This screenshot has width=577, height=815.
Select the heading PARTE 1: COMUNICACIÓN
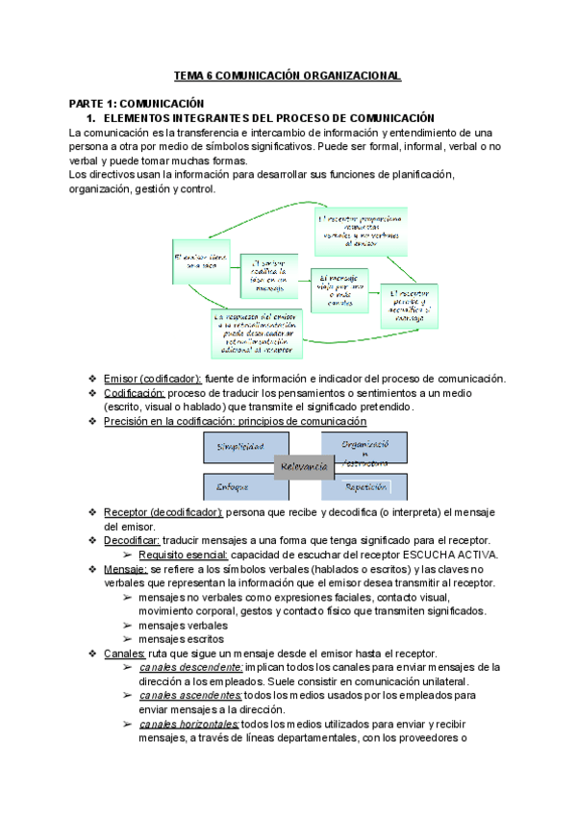(137, 103)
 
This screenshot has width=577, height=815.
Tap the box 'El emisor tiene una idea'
(199, 260)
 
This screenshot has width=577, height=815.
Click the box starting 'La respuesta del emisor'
(258, 333)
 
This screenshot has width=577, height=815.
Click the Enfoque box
(244, 486)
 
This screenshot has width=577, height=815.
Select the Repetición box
(365, 486)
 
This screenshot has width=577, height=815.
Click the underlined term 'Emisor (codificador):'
(152, 378)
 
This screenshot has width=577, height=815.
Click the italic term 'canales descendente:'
(189, 667)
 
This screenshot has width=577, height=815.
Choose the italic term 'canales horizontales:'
(189, 724)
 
